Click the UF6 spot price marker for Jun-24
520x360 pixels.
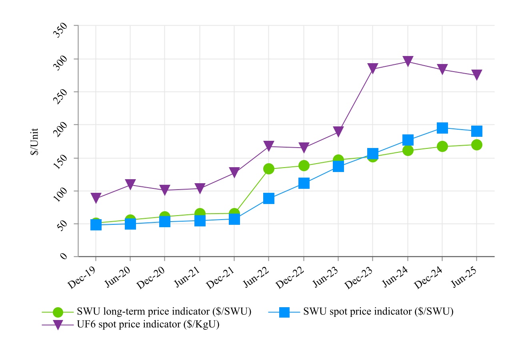coord(408,62)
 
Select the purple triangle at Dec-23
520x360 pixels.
coord(373,69)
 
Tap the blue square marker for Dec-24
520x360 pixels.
coord(442,128)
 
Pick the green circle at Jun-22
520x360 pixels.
coord(268,169)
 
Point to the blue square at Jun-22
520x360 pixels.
coord(269,198)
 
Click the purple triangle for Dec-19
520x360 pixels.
coord(96,198)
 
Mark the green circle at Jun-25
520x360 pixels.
coord(476,145)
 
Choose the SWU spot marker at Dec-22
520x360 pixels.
coord(304,184)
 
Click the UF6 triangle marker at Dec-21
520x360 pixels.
coord(234,173)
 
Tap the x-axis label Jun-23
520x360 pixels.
coord(326,276)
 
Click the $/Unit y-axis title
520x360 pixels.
coord(35,141)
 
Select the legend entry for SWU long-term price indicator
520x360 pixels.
coord(164,312)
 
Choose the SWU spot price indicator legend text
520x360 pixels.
coord(378,312)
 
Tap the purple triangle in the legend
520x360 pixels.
coord(58,325)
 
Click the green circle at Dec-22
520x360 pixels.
coord(304,166)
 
